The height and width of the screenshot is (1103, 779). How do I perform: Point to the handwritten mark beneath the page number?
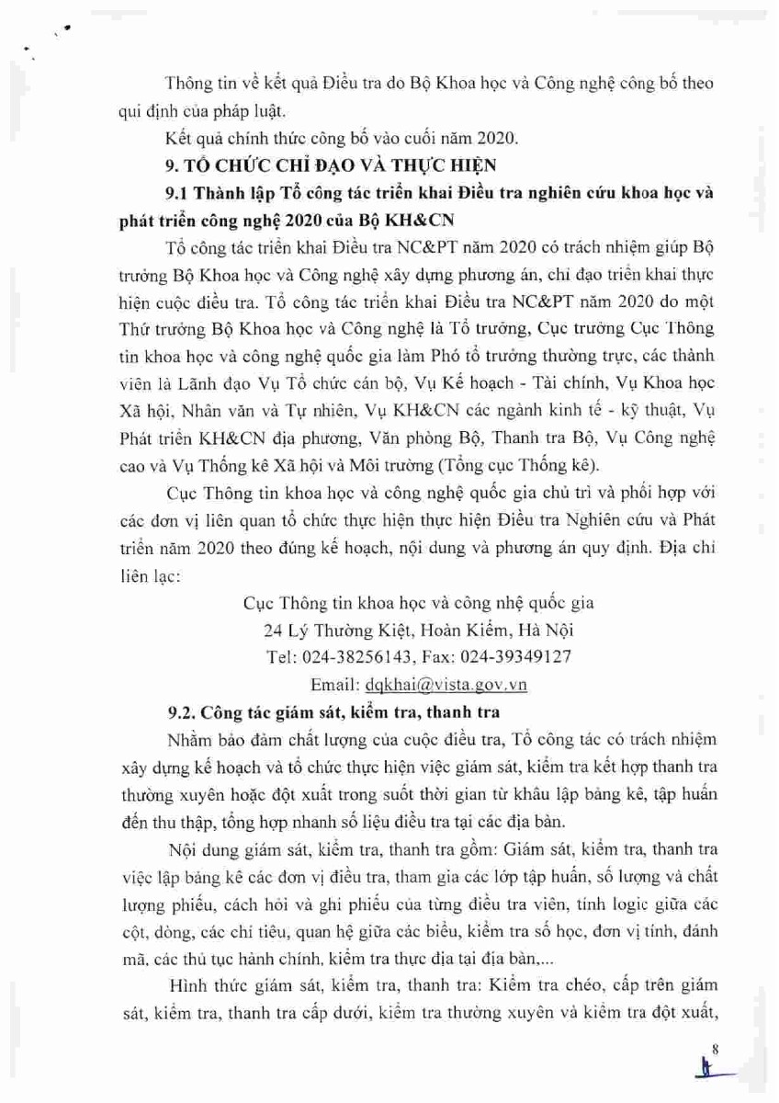tap(708, 1071)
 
